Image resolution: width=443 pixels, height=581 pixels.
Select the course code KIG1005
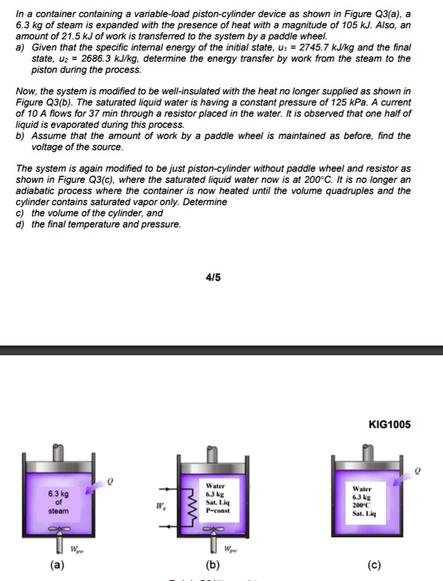(x=389, y=424)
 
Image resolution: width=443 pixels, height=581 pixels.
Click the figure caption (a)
(x=57, y=565)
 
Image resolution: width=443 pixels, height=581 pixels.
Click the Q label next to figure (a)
(x=109, y=481)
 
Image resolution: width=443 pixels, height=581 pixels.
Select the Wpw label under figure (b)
(x=232, y=550)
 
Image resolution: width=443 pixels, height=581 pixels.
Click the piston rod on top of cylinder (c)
(x=368, y=451)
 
